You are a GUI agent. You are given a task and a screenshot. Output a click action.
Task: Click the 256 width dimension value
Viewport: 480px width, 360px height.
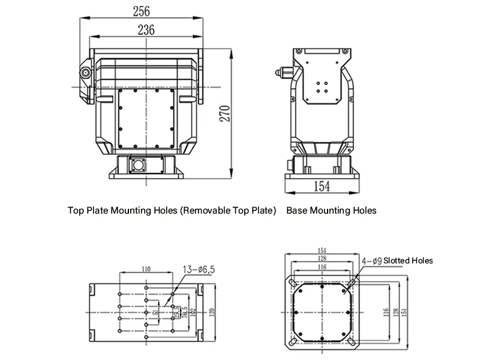click(142, 11)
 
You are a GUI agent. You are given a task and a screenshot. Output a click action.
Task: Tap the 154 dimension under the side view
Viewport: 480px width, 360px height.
click(322, 186)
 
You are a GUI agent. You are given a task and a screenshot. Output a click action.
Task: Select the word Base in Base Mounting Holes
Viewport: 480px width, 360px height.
click(297, 211)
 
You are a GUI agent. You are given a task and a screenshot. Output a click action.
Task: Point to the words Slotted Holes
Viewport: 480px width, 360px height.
click(408, 261)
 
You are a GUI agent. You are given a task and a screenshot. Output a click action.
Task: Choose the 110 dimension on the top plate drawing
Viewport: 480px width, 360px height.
click(146, 269)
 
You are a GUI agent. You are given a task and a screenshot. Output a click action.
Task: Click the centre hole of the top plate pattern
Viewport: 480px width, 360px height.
click(146, 312)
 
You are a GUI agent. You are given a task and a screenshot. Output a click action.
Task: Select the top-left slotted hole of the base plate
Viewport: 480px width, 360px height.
click(292, 281)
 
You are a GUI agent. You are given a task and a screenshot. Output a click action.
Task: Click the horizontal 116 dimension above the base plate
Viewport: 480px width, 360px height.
click(323, 266)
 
